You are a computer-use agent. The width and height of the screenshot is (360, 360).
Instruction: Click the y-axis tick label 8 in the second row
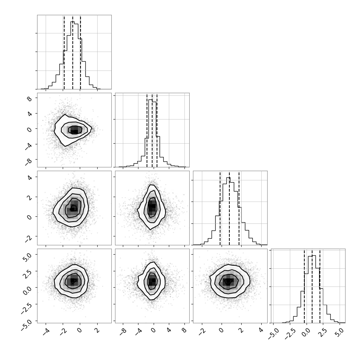pos(29,99)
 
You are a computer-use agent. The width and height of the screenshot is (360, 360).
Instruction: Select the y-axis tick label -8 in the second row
pos(28,161)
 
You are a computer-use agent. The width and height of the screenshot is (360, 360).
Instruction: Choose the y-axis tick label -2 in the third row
pos(28,238)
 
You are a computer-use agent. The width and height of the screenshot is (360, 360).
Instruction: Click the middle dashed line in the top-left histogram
pos(72,52)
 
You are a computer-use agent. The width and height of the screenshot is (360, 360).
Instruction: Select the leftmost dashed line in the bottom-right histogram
pos(304,286)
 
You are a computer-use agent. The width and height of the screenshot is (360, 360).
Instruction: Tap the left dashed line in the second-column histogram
pos(147,130)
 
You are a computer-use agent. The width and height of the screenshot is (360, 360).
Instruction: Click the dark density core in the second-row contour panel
pos(75,130)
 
